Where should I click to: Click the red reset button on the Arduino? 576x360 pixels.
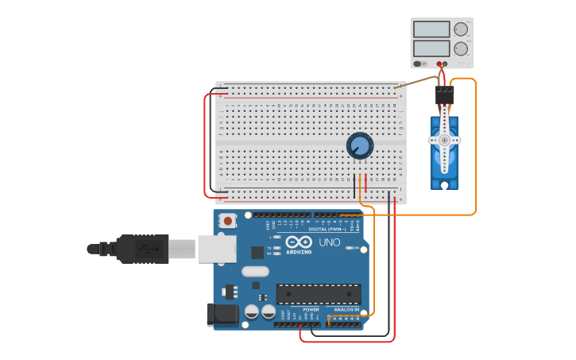tap(228, 220)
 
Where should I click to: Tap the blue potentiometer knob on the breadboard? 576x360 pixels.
tap(360, 145)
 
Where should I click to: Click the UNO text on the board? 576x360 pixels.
tap(330, 242)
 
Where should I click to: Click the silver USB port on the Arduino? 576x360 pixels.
tap(216, 249)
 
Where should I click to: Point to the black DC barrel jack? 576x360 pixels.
tap(222, 315)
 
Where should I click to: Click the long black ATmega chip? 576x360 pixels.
tap(318, 293)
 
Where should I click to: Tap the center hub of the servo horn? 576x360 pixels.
tap(444, 140)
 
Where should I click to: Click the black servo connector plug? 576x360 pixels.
tap(444, 95)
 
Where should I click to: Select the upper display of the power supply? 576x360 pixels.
tap(431, 29)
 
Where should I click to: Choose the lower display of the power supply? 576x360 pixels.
tap(431, 48)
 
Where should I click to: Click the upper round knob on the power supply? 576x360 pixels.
tap(461, 29)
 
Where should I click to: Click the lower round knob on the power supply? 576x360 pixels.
tap(461, 48)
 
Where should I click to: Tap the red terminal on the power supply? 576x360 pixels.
tap(439, 64)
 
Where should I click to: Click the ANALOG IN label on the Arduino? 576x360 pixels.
tap(346, 309)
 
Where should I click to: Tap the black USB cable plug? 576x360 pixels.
tap(143, 249)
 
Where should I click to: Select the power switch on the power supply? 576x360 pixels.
tap(419, 64)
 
